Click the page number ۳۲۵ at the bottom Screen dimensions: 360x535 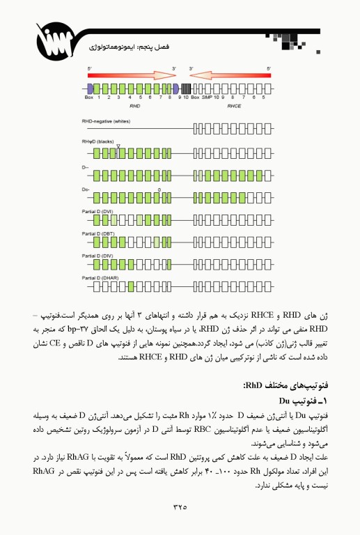tap(180, 506)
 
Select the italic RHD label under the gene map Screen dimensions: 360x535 tap(135, 107)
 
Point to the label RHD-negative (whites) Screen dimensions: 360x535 tap(106, 121)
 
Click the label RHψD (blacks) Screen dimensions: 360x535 tap(98, 141)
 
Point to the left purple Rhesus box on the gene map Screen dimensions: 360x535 tap(90, 88)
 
